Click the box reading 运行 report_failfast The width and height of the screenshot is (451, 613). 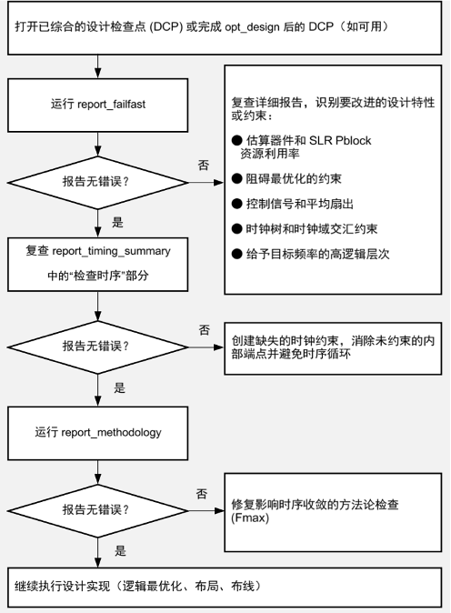97,105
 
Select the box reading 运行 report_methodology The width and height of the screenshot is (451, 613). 97,433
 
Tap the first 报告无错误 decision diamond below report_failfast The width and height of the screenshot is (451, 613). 97,183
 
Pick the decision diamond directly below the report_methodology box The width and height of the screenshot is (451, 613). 97,510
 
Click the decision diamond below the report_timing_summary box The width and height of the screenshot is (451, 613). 97,347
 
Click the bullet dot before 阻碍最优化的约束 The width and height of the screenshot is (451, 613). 236,178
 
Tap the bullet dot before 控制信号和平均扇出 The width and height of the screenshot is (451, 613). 236,204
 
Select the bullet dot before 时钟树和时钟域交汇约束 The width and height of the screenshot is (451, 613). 236,228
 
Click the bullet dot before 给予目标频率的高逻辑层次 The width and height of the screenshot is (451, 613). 236,254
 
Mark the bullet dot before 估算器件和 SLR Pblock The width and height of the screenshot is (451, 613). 236,140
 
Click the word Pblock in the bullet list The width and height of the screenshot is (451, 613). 354,140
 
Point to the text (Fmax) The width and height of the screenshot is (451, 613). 250,518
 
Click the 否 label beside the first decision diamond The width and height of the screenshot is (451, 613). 204,165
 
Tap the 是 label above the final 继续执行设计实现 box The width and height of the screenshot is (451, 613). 120,551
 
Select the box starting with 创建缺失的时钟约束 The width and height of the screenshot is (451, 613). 333,348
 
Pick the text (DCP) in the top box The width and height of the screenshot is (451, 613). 166,27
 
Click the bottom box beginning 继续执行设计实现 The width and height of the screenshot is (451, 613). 225,588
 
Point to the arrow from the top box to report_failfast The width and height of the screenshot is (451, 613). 97,66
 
